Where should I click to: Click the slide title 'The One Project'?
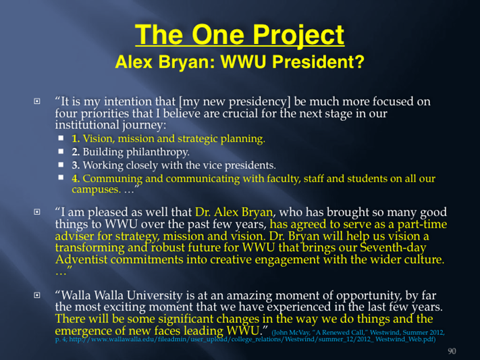240,35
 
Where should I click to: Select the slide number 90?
452,351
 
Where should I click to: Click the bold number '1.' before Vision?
76,138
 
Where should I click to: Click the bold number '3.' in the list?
76,165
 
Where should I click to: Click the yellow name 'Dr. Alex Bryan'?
234,212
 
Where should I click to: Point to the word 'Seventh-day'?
393,248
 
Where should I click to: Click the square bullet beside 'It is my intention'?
36,101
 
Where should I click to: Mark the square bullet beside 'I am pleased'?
36,211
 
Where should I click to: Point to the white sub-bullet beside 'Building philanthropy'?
61,151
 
